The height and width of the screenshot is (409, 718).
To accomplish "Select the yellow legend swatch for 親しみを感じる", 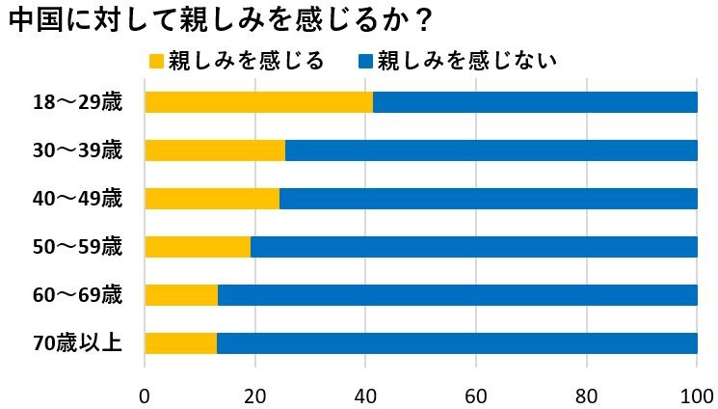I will click(x=156, y=62).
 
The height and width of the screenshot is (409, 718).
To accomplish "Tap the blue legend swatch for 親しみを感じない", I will click(x=365, y=62).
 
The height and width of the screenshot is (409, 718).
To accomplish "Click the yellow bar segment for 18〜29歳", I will click(x=258, y=102).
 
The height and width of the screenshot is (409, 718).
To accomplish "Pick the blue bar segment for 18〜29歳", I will click(x=535, y=102).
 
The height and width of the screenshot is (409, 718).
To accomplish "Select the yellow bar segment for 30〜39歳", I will click(x=215, y=150).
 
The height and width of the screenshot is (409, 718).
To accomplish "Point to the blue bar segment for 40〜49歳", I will click(x=488, y=199).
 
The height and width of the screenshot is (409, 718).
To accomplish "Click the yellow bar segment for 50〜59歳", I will click(x=198, y=246).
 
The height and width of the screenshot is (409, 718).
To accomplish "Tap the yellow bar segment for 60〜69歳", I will click(x=181, y=294).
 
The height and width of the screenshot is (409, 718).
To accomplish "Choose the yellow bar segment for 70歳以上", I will click(x=180, y=342).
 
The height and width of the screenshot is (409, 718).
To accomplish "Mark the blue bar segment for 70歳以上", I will click(x=457, y=342).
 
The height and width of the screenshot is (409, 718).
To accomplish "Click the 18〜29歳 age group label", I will click(x=78, y=102).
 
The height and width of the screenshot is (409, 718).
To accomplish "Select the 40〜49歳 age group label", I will click(x=78, y=199).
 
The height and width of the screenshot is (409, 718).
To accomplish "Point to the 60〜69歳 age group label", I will click(x=78, y=294).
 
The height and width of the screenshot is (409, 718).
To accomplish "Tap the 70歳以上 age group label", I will click(x=78, y=342).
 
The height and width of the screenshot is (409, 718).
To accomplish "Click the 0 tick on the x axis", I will click(x=145, y=395).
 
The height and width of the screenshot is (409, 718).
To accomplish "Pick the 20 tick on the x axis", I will click(x=254, y=395).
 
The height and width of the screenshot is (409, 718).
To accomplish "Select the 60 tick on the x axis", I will click(x=475, y=395).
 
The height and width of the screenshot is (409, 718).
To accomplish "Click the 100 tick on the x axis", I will click(x=696, y=395).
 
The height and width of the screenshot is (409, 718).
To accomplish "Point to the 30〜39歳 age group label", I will click(x=78, y=150).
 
